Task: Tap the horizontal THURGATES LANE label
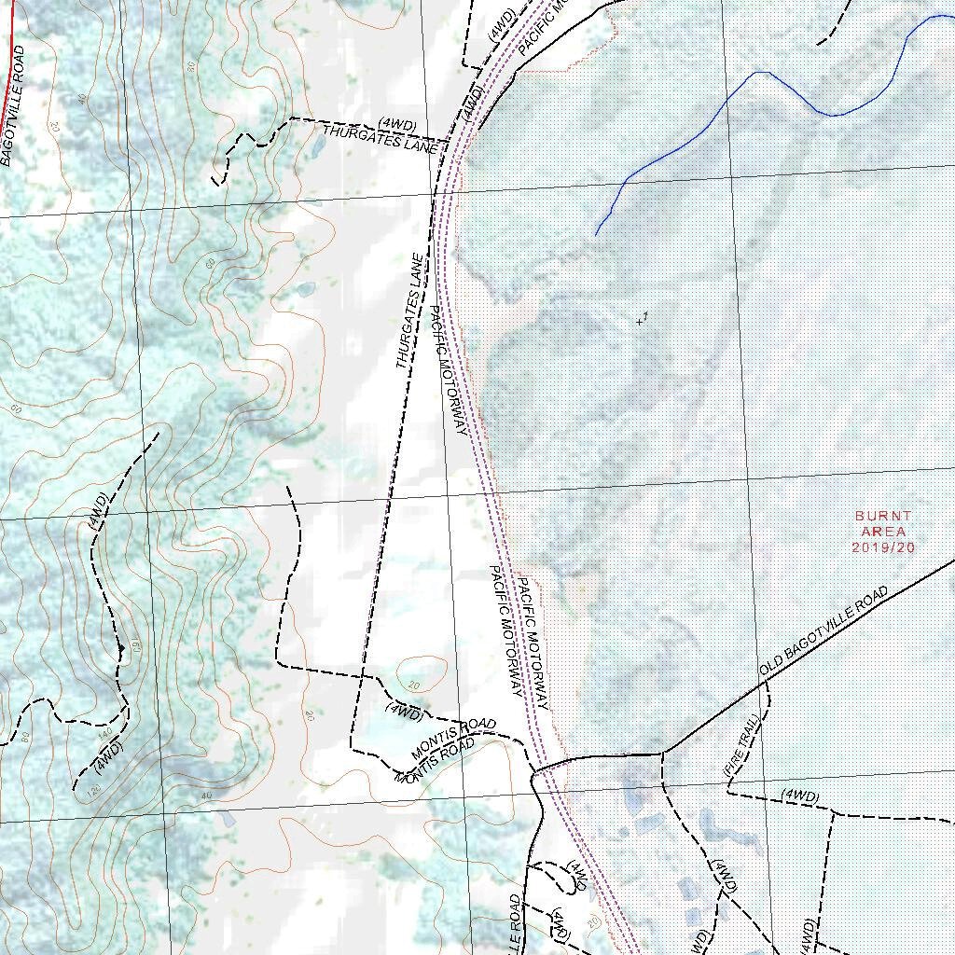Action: pos(381,138)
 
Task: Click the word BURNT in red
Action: pos(883,516)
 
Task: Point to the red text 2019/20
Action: pos(883,547)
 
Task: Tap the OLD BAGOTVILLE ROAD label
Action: pos(824,632)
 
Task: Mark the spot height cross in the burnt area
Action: pos(641,322)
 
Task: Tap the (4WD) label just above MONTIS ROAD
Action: pos(404,713)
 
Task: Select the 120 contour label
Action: pos(93,791)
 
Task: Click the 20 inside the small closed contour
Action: pos(414,684)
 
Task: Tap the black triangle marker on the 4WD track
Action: pos(121,648)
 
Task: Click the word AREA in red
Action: pos(883,532)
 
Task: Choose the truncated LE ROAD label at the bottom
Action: pos(516,923)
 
